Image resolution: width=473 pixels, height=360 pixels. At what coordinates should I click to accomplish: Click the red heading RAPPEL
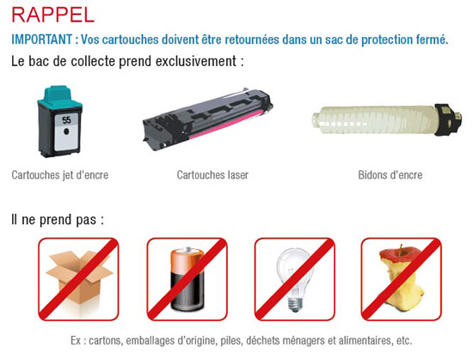(53, 15)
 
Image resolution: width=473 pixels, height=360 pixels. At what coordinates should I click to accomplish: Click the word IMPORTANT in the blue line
(41, 40)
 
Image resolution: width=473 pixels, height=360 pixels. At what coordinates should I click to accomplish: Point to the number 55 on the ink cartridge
(67, 120)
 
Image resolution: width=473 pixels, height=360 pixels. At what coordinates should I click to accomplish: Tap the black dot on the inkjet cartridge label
(67, 131)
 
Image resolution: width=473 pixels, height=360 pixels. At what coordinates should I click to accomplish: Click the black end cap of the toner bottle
(447, 118)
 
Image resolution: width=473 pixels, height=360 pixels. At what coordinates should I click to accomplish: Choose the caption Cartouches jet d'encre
(59, 174)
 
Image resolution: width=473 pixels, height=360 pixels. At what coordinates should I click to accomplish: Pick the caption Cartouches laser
(212, 174)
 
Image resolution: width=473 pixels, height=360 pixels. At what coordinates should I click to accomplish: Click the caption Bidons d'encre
(390, 174)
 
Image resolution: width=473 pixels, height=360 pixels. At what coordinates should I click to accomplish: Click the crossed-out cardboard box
(78, 278)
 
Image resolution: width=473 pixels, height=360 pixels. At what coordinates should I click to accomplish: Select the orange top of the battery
(187, 259)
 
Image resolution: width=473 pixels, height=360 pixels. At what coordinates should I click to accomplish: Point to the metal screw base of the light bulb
(295, 304)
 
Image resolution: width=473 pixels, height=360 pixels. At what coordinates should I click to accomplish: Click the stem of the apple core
(402, 248)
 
